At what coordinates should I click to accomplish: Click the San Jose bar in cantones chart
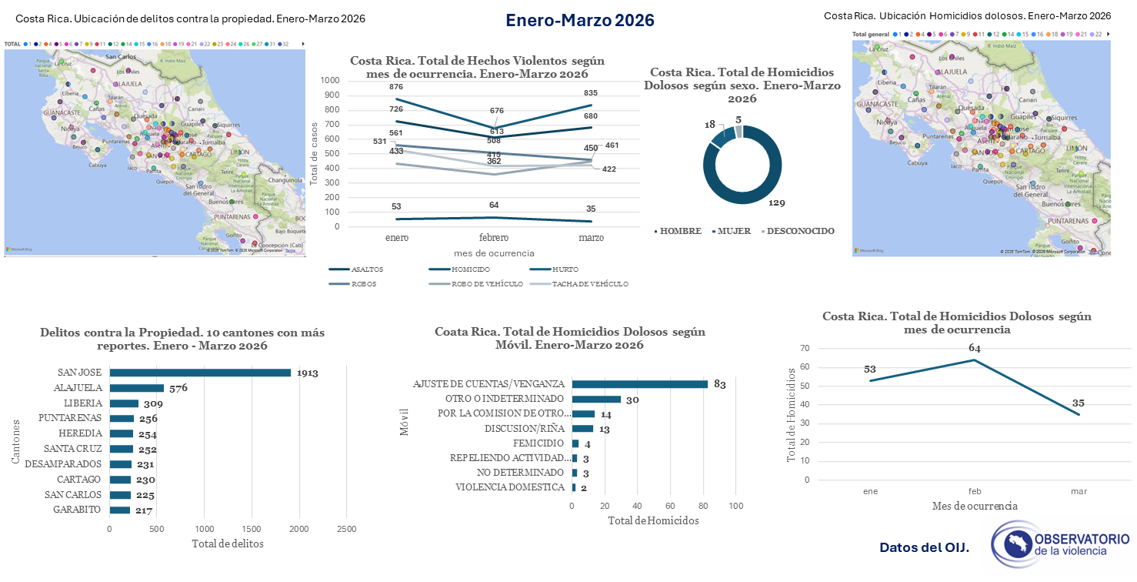pyautogui.click(x=200, y=373)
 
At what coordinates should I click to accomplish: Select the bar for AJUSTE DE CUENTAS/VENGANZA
pyautogui.click(x=639, y=384)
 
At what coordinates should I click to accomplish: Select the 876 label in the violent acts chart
pyautogui.click(x=396, y=87)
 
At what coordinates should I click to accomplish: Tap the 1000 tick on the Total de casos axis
pyautogui.click(x=329, y=80)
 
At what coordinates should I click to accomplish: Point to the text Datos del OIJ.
pyautogui.click(x=924, y=548)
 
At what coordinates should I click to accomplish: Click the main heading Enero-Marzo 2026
pyautogui.click(x=580, y=21)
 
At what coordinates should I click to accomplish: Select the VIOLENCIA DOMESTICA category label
pyautogui.click(x=510, y=487)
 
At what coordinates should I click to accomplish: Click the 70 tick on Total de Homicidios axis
pyautogui.click(x=806, y=349)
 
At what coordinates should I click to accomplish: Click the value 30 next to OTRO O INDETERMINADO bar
pyautogui.click(x=632, y=400)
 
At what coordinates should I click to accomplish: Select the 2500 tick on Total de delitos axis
pyautogui.click(x=346, y=529)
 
